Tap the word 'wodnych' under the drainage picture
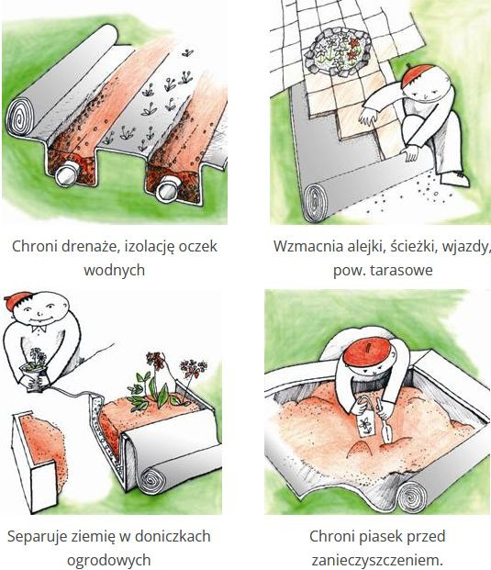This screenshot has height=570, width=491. pos(115,270)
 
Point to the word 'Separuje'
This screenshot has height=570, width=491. pos(35,537)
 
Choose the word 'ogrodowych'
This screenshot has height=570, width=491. pos(109,561)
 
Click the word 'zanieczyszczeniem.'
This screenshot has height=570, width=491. pos(377,561)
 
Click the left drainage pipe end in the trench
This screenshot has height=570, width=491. pos(66,174)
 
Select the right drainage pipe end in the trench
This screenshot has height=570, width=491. pos(167,189)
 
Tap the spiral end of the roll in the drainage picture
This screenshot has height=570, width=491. pos(21,115)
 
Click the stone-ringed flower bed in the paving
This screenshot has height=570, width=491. pos(338,51)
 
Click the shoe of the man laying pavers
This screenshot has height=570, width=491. pos(455,179)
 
